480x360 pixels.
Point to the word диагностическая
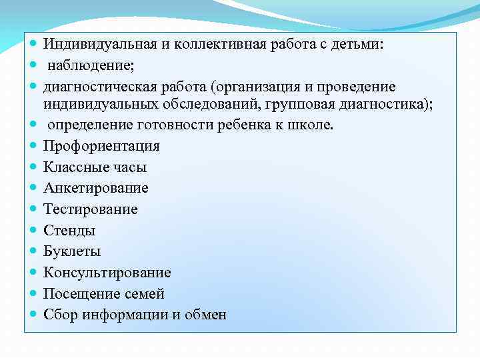(98, 87)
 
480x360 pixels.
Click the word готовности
(174, 125)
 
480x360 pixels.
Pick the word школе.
(311, 125)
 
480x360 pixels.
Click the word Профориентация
(101, 146)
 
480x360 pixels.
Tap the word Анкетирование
(96, 188)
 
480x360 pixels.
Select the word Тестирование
(91, 209)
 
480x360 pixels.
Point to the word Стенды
(69, 231)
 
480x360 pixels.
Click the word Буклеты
(72, 251)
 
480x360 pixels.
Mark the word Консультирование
(107, 273)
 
